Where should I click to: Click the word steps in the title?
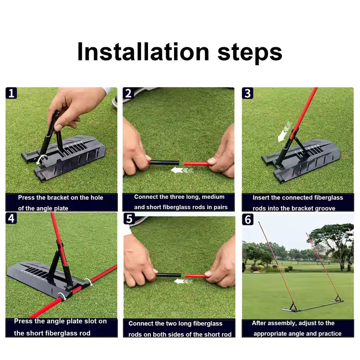(x=250, y=52)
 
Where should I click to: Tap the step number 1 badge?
(x=11, y=93)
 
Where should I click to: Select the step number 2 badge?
(x=129, y=93)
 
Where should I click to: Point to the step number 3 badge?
(x=247, y=93)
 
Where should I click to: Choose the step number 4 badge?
(x=11, y=218)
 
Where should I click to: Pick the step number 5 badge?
(x=129, y=218)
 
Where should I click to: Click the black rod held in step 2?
(x=164, y=162)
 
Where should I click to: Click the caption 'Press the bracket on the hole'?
(x=60, y=198)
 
